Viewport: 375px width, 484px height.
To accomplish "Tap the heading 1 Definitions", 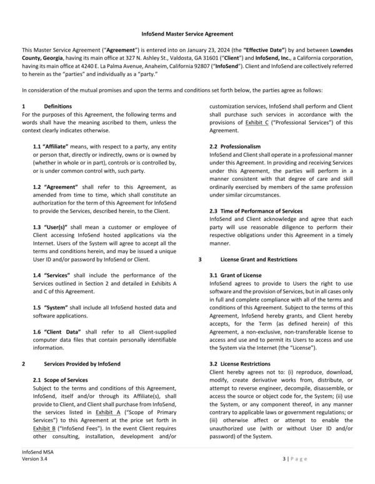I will (x=57, y=106).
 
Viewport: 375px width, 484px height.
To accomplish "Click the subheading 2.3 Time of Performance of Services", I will (x=264, y=211).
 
